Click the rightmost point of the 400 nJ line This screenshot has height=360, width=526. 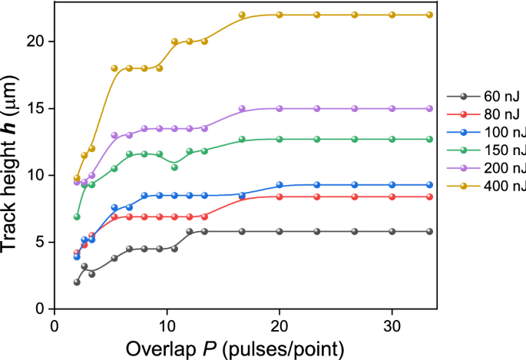coord(429,15)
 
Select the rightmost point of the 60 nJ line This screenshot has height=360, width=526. coord(429,231)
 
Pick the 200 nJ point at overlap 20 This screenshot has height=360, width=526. coord(280,108)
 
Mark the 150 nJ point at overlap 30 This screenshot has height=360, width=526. coord(392,139)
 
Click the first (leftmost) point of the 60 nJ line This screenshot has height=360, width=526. coord(77,282)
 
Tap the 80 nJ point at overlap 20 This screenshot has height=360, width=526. coord(280,197)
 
